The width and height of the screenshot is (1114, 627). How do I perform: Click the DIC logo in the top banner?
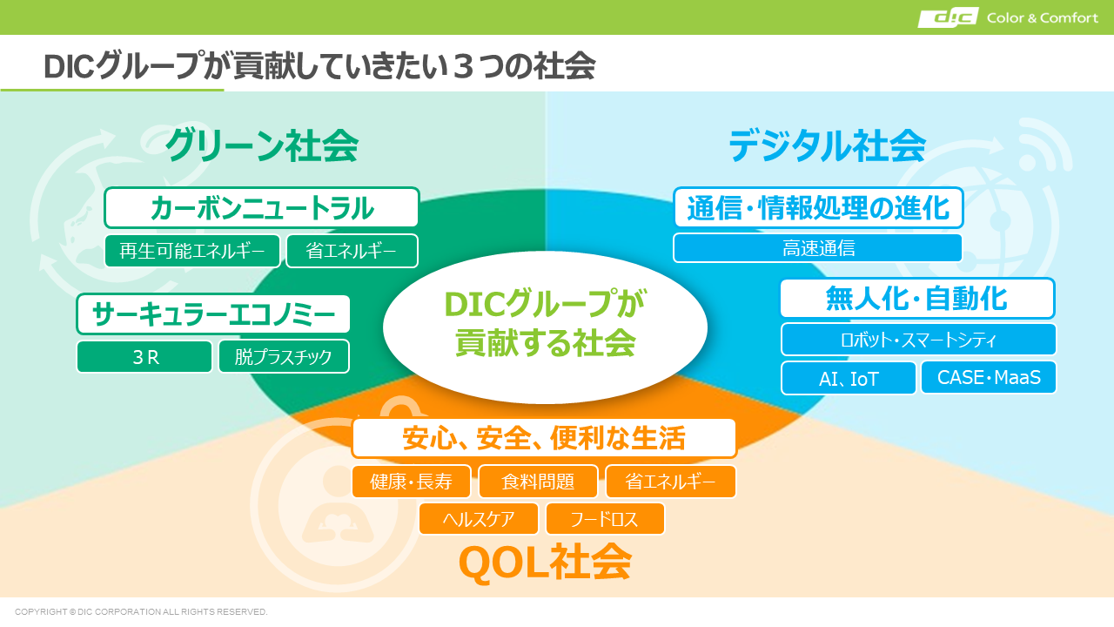pos(948,17)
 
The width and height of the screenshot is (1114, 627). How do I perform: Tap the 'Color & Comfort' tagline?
pos(1043,18)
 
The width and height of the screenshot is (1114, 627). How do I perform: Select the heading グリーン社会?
pos(262,145)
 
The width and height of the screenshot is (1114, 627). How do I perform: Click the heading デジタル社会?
pos(827,145)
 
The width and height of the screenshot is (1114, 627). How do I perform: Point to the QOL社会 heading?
pos(545,563)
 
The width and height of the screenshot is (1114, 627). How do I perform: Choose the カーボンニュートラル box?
pos(262,207)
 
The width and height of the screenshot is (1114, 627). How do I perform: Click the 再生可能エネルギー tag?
pos(192,251)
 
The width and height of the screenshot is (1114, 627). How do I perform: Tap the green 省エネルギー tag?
pos(352,251)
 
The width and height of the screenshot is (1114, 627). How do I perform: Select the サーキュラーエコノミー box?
pos(213,314)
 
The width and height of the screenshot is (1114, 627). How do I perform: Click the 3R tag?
pos(144,356)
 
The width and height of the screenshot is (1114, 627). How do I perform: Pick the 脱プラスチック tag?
pos(284,356)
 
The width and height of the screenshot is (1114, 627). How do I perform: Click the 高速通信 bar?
pos(818,248)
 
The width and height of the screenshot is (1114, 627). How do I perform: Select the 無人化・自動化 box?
pos(917,298)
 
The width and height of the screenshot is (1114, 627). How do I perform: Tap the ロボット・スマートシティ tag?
pos(918,340)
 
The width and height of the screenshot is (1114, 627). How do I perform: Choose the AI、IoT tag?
pos(849,378)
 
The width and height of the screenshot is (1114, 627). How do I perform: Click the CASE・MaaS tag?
pos(989,377)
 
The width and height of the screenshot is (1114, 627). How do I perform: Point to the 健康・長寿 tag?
pos(412,482)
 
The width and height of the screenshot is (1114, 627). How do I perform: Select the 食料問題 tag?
pos(538,482)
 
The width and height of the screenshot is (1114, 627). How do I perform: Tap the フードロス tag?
pos(605,519)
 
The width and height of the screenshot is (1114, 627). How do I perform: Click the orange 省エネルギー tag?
pos(670,482)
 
